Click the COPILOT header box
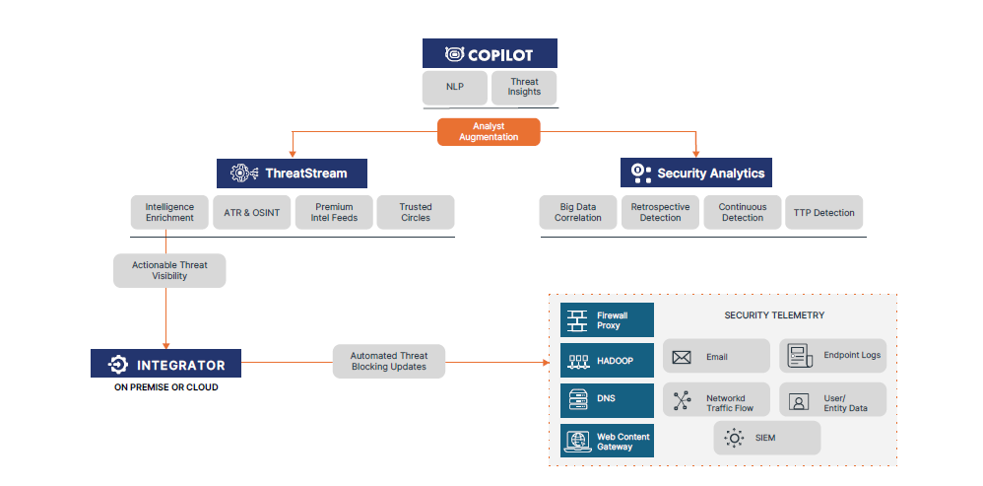click(490, 53)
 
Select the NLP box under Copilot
click(454, 87)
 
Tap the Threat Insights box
click(524, 87)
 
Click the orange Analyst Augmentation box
click(489, 132)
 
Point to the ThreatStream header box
click(292, 174)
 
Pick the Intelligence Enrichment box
click(169, 212)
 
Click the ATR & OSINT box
click(252, 212)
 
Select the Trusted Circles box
click(416, 212)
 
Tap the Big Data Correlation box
click(578, 212)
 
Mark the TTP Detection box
click(824, 212)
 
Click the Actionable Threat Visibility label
click(169, 270)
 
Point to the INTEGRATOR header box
click(165, 365)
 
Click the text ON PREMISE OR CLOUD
click(165, 388)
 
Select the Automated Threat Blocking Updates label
click(389, 361)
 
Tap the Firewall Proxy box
click(608, 320)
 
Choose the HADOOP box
click(608, 361)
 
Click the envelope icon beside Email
click(682, 357)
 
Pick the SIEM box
click(766, 438)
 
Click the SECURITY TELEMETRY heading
click(774, 315)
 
